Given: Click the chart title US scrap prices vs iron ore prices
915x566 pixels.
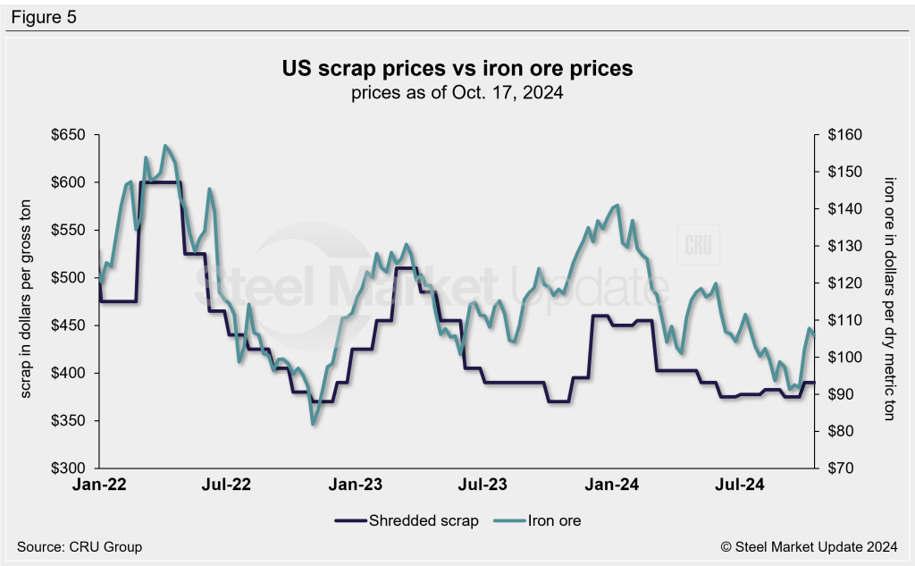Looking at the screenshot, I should (457, 69).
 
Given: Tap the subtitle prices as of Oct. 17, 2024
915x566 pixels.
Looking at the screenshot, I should (457, 93).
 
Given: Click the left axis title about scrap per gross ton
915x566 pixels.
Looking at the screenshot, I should (27, 301).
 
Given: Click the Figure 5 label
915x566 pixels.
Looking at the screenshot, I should (44, 16).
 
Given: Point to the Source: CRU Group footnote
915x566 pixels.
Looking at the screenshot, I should (79, 546).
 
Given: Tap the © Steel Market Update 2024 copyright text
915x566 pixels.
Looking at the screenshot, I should (810, 546).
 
